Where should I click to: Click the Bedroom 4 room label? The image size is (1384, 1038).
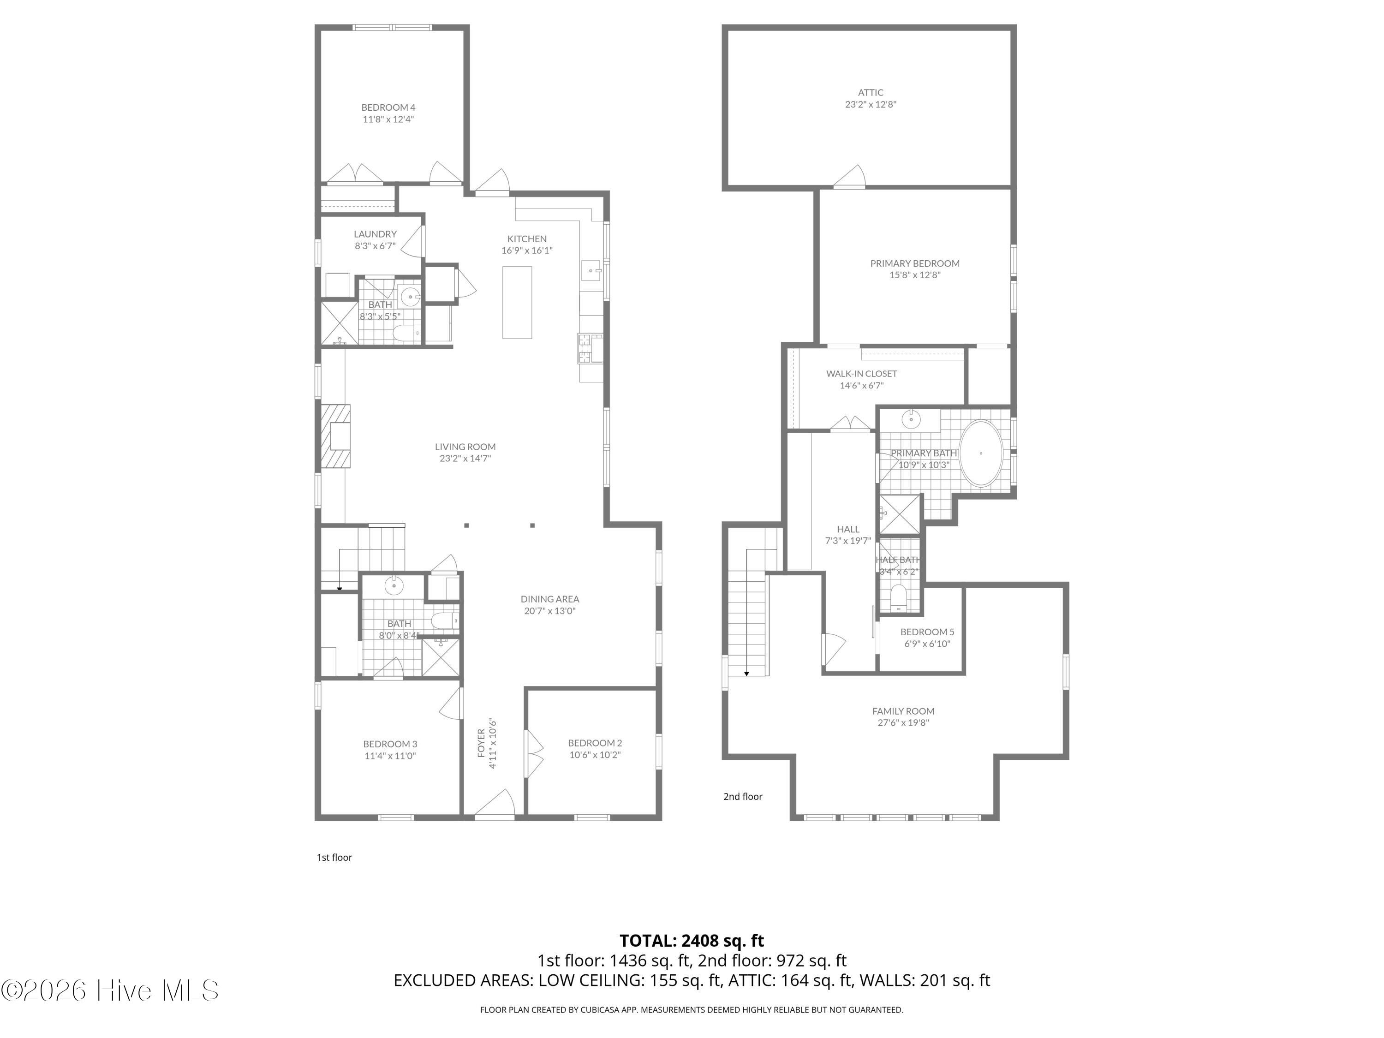(x=388, y=107)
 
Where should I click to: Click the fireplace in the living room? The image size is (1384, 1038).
(x=336, y=436)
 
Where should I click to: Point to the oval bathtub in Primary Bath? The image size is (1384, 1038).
(x=981, y=453)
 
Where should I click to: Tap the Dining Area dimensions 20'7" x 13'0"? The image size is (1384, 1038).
(x=549, y=611)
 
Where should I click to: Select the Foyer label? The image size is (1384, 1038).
(x=481, y=743)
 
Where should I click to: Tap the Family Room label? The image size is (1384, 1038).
(x=903, y=711)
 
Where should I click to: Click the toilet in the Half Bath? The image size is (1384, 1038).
(x=898, y=597)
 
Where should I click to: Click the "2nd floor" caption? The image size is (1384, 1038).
(x=743, y=796)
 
